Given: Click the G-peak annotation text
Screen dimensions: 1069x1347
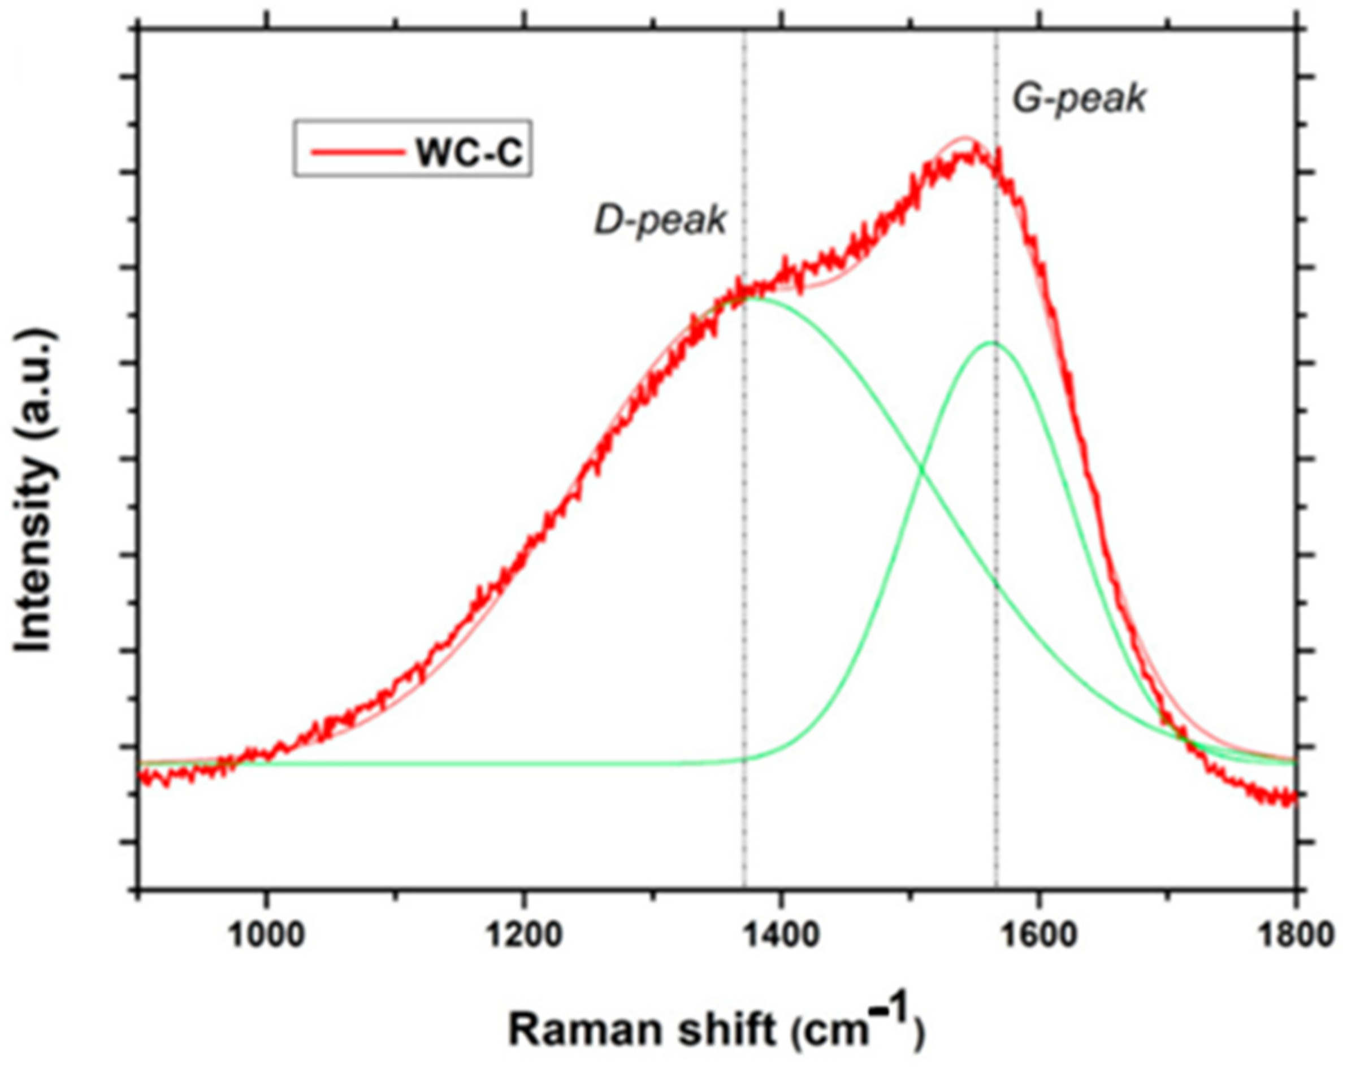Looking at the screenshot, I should tap(1079, 98).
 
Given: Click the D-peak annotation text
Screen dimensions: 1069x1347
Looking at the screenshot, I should tap(660, 220).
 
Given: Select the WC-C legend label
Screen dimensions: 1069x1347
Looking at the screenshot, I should tap(469, 153).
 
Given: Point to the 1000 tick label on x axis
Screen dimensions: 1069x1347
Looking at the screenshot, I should tap(267, 936).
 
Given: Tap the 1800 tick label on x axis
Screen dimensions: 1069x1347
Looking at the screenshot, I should tap(1295, 936).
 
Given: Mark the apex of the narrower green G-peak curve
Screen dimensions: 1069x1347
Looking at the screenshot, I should tap(991, 342).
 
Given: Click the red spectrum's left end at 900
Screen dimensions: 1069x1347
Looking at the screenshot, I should tap(141, 777).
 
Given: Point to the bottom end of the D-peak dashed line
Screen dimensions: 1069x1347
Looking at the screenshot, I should tap(744, 886).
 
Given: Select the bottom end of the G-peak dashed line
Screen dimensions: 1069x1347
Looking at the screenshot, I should tap(996, 886).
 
